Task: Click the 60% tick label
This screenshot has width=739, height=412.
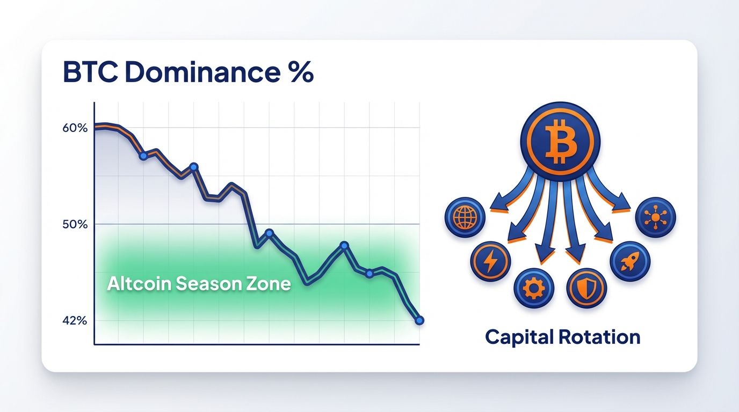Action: click(75, 128)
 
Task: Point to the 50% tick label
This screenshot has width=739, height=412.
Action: click(75, 224)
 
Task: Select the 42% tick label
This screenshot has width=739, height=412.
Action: click(75, 321)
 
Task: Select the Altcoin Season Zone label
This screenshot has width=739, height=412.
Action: click(199, 284)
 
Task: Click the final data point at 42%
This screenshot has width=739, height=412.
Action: click(419, 320)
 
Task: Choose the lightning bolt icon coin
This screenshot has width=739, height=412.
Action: click(490, 261)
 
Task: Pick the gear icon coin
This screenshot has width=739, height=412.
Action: click(534, 289)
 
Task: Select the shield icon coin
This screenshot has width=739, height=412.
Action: click(586, 289)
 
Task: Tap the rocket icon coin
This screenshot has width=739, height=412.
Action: click(630, 261)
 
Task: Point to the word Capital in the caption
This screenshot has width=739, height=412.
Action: click(519, 337)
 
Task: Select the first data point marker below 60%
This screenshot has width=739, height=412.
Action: click(143, 156)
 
